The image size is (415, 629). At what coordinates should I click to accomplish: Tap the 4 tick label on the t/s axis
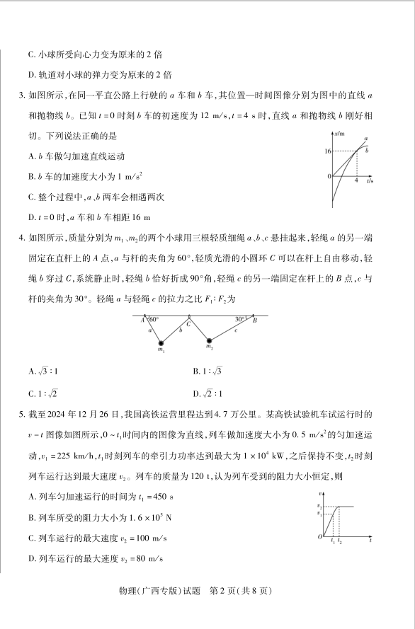356,181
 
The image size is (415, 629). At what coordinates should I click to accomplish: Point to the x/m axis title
339,133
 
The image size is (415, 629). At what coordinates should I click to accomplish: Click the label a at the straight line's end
366,139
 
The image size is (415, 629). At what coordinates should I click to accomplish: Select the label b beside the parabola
366,150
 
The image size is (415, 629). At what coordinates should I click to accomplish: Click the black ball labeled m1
161,343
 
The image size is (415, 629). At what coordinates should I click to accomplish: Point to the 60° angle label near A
153,319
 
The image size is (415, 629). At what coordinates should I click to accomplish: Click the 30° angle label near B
241,319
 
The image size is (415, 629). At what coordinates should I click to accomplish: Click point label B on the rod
255,320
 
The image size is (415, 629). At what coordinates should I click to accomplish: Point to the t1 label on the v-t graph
333,542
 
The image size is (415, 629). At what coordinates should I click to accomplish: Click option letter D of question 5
32,559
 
